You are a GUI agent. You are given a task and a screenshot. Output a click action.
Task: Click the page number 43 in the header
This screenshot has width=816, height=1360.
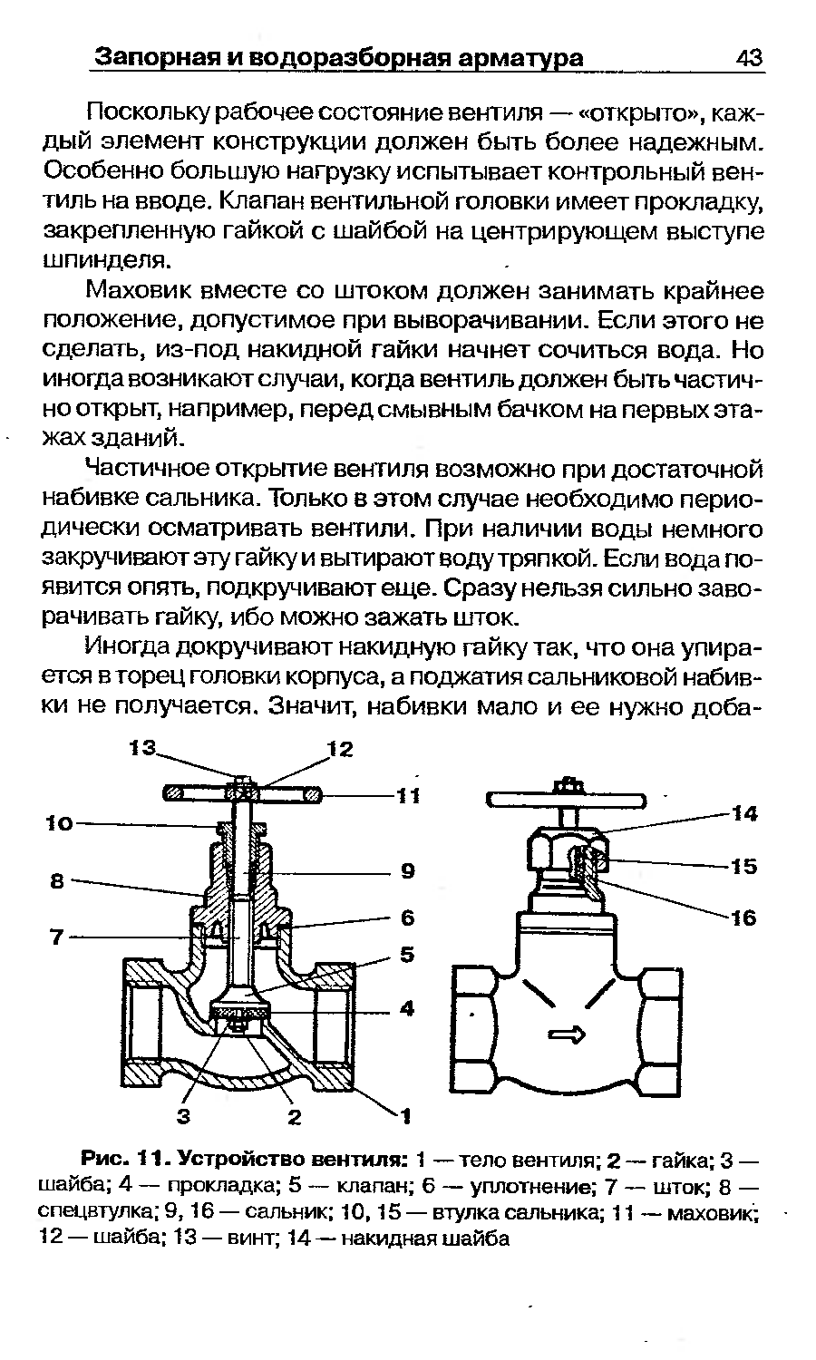tap(749, 58)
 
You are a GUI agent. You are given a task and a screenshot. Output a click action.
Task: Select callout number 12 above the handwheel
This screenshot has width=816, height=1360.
tap(340, 749)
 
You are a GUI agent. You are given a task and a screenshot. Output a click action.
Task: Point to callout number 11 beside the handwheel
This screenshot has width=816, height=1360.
tap(408, 795)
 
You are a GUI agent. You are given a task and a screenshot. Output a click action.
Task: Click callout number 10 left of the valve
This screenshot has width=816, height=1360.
tap(60, 823)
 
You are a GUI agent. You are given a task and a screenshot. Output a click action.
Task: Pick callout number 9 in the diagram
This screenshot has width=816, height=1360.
tap(408, 872)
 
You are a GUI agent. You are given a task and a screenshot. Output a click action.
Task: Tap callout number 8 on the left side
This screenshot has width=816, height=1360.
tap(57, 881)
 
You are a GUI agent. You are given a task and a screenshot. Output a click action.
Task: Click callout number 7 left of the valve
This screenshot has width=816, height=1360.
tap(57, 937)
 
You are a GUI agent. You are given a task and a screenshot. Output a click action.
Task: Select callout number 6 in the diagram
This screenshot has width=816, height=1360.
tap(407, 918)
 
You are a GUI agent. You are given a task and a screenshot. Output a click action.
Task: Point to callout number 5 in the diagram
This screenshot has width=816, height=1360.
tap(407, 955)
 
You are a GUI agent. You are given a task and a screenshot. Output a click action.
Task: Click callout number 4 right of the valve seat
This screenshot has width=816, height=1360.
tap(407, 1008)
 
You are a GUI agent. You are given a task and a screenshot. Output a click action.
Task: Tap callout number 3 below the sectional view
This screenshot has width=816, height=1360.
tap(183, 1115)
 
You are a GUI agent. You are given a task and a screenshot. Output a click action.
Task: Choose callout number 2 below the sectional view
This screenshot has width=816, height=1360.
tap(295, 1116)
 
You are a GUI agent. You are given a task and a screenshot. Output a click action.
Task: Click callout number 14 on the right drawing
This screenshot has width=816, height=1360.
tap(744, 813)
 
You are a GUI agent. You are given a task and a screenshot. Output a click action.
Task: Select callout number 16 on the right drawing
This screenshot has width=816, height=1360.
tap(744, 918)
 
